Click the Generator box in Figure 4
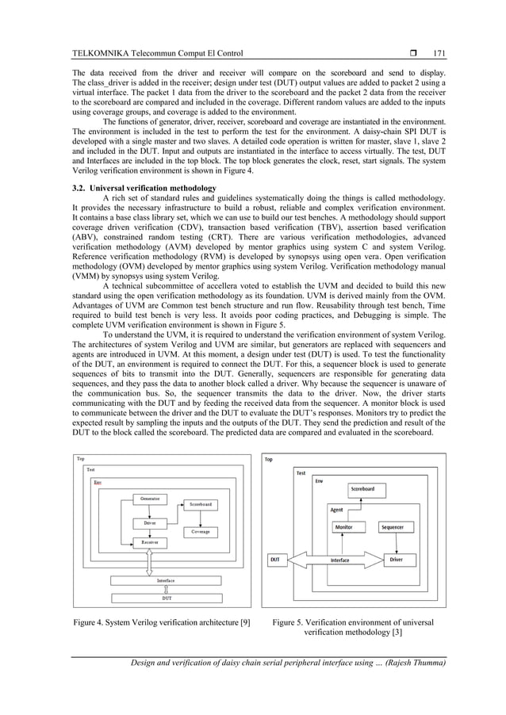click(x=150, y=499)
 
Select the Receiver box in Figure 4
click(x=150, y=542)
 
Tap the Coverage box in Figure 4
click(x=201, y=532)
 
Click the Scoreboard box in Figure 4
click(x=201, y=504)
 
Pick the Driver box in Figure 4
click(x=150, y=522)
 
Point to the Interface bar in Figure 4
click(x=167, y=581)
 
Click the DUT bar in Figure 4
click(x=167, y=598)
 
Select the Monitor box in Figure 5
click(x=344, y=527)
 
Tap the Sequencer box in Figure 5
click(x=393, y=527)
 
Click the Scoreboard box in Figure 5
click(x=362, y=490)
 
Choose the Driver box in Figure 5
click(x=396, y=560)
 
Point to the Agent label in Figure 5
click(x=337, y=510)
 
